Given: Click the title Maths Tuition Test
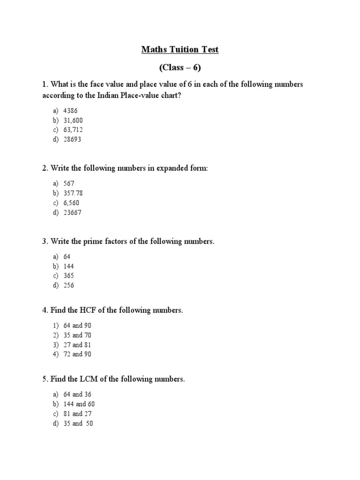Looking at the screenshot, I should point(180,49).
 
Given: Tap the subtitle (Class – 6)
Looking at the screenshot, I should point(180,67).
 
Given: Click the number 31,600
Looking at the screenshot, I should point(73,120).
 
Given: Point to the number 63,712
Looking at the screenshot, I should point(73,130).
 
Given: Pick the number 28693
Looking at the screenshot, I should point(72,140).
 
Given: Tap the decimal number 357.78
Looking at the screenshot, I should point(74,193).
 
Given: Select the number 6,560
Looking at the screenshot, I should point(71,203).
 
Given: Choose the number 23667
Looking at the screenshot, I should point(72,213).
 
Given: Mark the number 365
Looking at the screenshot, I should point(68,276).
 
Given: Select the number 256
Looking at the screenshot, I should point(68,285).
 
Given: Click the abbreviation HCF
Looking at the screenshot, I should point(89,310).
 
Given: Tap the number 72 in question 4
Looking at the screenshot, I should point(67,354).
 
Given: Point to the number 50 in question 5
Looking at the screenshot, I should point(89,423).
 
